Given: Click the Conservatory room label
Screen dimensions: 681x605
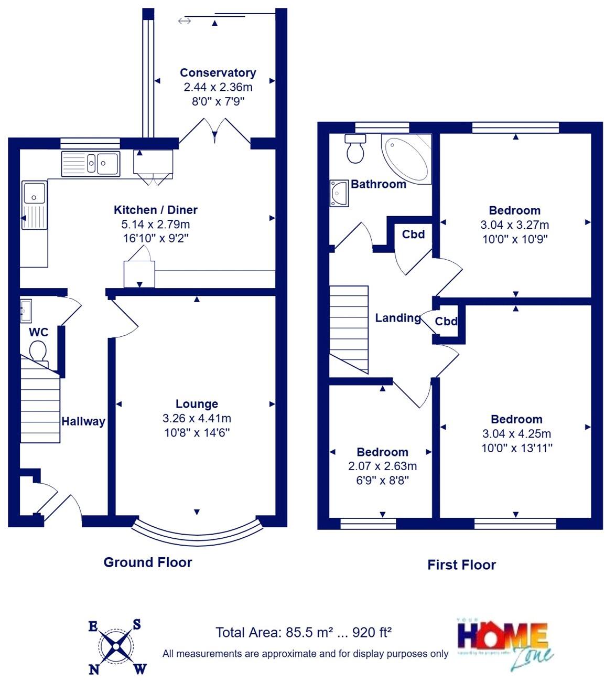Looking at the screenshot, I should coord(218,73).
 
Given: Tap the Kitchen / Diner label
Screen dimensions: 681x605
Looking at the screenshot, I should coord(156,210).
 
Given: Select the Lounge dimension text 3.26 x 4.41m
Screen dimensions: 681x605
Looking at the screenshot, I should coord(197,419).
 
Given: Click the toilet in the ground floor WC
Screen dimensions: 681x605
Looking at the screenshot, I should coord(38,350).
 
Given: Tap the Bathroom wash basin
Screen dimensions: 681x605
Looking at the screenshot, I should coord(338,193).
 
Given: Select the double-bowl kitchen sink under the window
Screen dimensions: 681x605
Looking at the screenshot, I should coord(91,163).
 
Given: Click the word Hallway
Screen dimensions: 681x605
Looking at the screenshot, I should coord(83,421).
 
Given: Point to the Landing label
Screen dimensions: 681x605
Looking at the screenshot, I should coord(398,317).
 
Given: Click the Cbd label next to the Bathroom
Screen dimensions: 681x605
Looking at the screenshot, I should coord(413,234).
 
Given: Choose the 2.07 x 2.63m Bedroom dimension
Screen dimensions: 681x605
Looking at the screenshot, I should coord(382,466).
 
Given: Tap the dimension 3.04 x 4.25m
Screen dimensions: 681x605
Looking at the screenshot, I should coord(516,434).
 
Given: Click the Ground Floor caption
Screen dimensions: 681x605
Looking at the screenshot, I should coord(148,562).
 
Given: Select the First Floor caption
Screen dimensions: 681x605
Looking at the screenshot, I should coord(461,565).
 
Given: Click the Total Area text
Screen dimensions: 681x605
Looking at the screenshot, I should coord(304,632).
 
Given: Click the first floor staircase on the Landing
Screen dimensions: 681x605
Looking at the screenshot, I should coord(348,328).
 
